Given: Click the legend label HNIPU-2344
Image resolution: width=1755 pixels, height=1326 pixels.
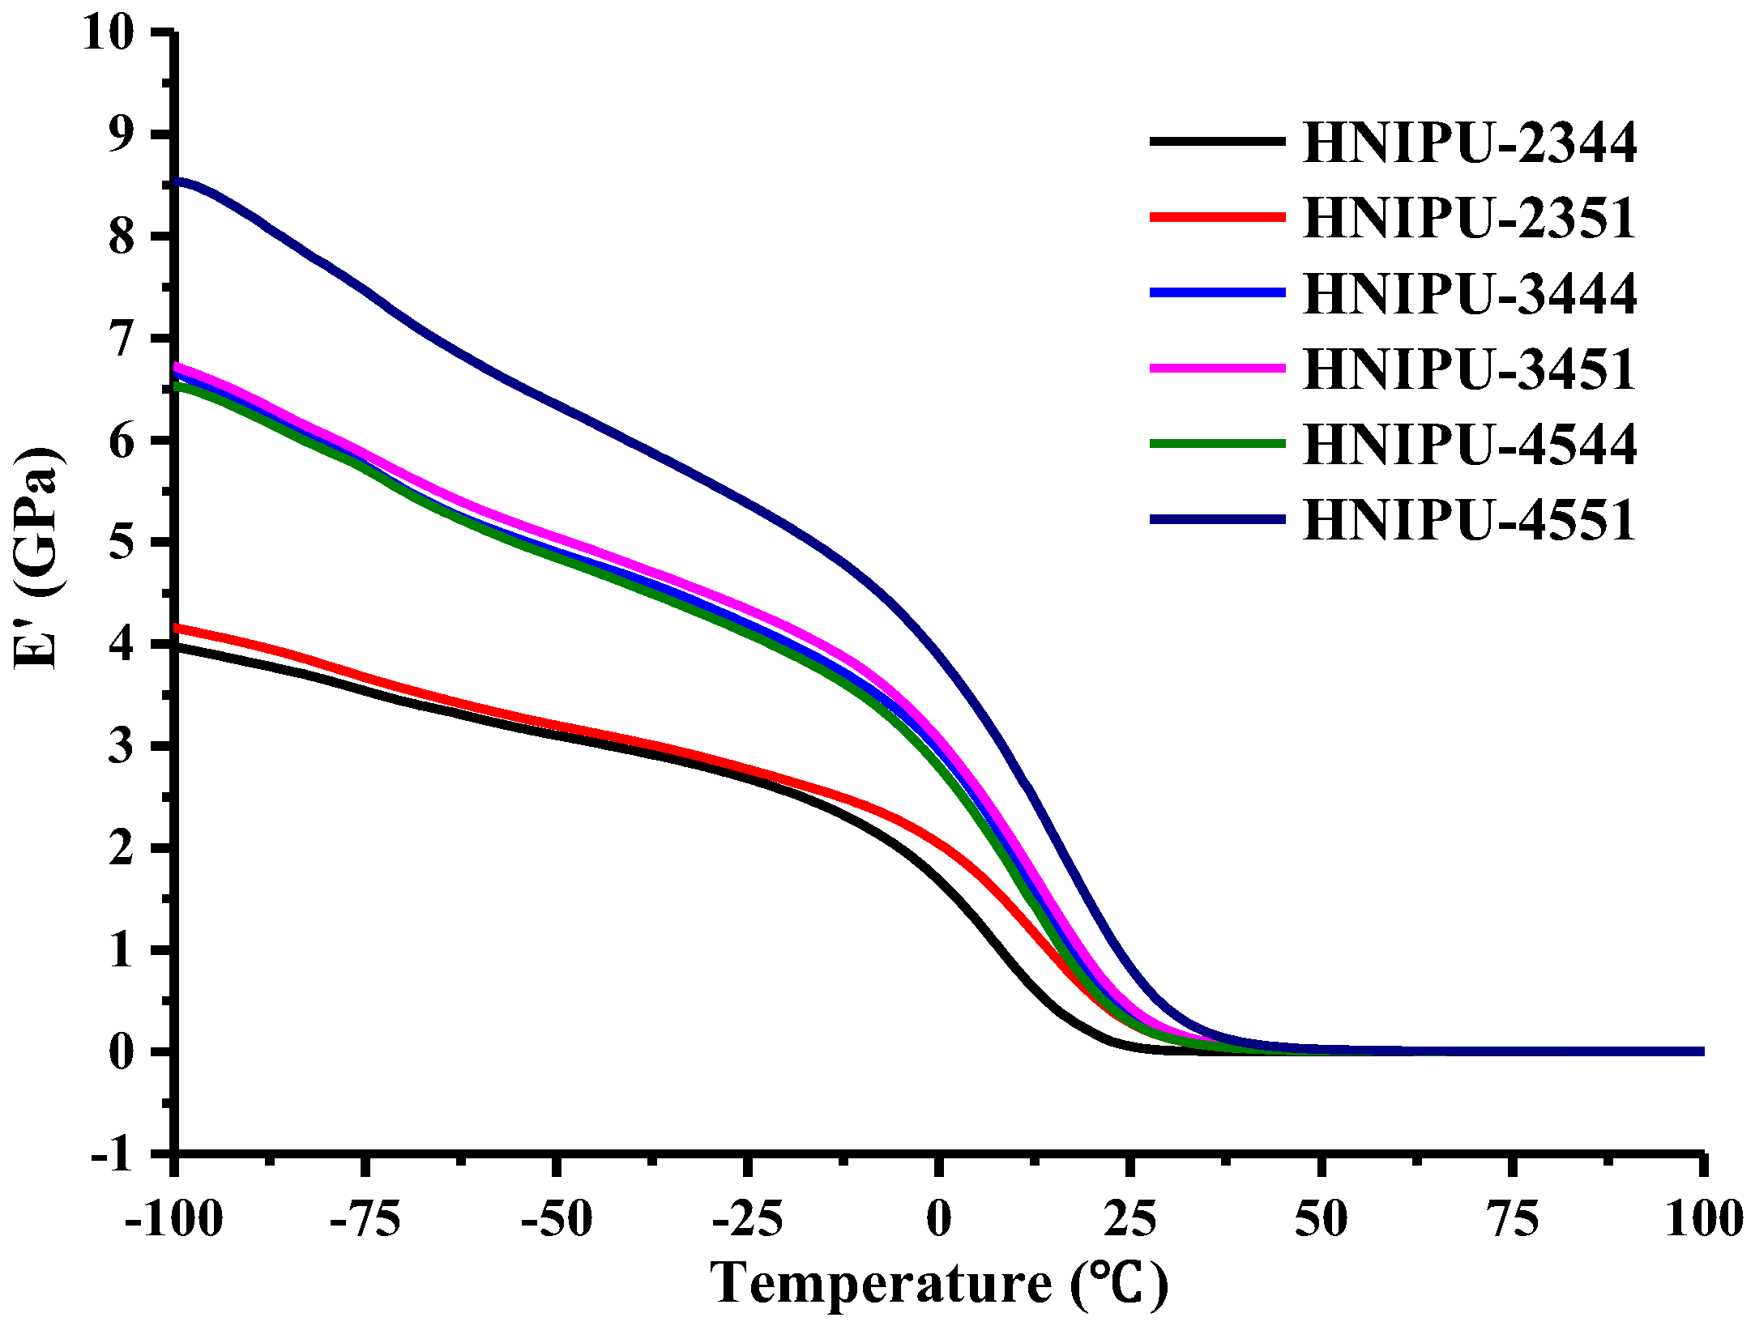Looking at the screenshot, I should tap(1470, 143).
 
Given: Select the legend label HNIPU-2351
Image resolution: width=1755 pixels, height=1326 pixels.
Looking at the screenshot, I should tap(1470, 219).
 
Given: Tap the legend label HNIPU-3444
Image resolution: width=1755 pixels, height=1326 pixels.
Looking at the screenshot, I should tap(1470, 294).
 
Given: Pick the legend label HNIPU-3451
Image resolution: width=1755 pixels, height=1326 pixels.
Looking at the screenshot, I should tap(1470, 369).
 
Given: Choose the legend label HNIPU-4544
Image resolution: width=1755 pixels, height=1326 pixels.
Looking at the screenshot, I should tap(1470, 445).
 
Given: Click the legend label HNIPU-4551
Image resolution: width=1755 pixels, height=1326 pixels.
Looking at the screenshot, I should tap(1470, 520).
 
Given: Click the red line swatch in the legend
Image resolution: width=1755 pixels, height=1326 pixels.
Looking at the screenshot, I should tap(1217, 217).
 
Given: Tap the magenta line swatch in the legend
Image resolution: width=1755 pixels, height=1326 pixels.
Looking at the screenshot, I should tap(1217, 368).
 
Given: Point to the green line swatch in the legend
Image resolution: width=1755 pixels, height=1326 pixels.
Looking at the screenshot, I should tap(1217, 443).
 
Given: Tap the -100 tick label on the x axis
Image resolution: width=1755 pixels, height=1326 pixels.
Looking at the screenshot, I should tap(173, 1219).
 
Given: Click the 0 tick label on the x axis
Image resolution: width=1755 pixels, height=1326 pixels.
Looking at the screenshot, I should tap(938, 1219).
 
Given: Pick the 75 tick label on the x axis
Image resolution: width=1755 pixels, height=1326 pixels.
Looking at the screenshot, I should tap(1512, 1219).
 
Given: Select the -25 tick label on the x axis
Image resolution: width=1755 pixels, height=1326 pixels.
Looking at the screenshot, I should tap(747, 1219).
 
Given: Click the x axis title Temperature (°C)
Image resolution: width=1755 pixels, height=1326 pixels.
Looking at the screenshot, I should tap(938, 1284).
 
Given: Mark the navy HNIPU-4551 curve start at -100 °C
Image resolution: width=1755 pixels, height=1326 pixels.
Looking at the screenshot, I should tap(178, 181).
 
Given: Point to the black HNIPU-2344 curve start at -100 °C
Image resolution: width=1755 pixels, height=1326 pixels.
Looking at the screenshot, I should tap(178, 647).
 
